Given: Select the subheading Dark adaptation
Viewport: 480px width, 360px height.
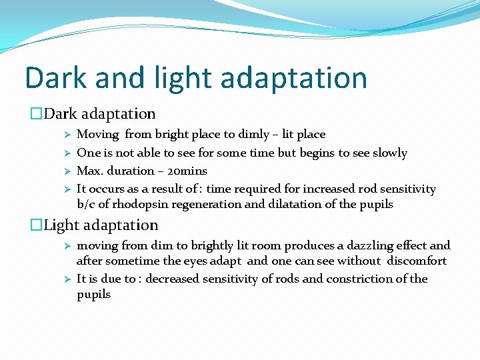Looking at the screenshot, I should [99, 114].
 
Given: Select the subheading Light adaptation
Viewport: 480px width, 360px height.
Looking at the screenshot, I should [100, 225].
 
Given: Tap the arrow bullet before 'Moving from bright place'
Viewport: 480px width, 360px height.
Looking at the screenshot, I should [67, 135].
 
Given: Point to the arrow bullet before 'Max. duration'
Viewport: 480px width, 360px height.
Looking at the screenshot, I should [67, 171].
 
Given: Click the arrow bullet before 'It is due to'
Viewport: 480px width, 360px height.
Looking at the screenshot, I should [67, 279].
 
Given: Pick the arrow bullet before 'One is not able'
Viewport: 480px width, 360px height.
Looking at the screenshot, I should [67, 153].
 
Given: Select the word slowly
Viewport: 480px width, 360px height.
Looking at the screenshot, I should [385, 153].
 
